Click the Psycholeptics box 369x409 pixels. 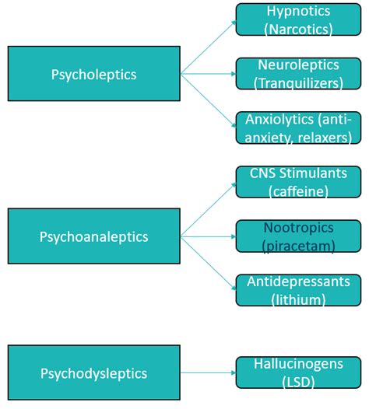coord(93,75)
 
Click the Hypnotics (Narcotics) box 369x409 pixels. coord(298,19)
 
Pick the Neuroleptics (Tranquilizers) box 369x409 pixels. coord(298,73)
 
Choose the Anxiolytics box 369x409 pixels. coord(298,128)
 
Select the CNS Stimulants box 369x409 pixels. coord(298,181)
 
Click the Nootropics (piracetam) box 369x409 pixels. coord(298,236)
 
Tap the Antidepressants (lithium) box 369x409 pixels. coord(298,289)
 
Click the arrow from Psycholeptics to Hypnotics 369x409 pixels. coord(208,47)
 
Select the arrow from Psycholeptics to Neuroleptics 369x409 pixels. coord(208,75)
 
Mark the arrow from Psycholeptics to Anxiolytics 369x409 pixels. coord(208,100)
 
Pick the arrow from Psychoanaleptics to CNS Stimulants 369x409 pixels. coord(208,208)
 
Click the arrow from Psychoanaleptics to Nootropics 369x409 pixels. coord(208,235)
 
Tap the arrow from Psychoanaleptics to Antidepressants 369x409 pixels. coord(208,262)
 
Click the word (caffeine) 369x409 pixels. coord(299,191)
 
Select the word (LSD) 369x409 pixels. coord(299,381)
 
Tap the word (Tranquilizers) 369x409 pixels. coord(299,82)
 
